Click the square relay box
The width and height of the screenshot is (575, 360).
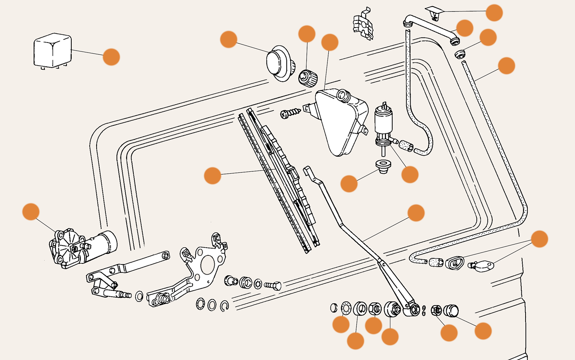pos(53,51)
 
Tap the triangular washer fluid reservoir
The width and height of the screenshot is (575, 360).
pos(339,121)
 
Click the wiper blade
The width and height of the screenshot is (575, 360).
pos(280,180)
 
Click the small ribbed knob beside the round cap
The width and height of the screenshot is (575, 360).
pos(308,78)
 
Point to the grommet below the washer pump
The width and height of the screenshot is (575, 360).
pos(383,166)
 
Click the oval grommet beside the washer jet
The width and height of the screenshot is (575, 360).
pos(455,263)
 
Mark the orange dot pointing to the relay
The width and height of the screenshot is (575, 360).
pos(111,57)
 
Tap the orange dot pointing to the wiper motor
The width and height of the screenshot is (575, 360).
pos(31,212)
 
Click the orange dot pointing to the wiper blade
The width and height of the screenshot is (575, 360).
pos(212,175)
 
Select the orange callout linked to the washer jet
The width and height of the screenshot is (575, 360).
pos(539,239)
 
